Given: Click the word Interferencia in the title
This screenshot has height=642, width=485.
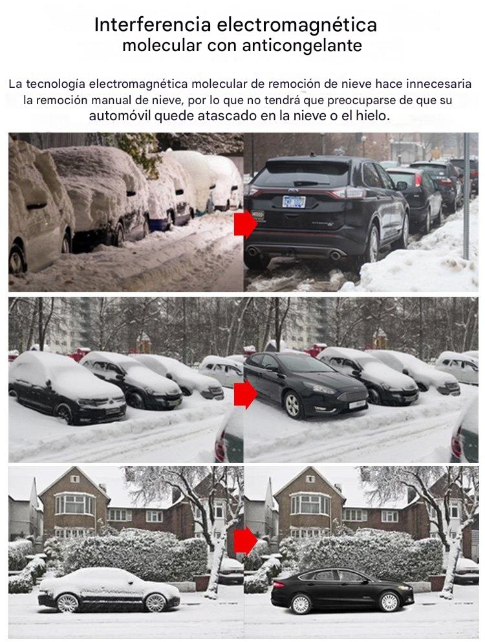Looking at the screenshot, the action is click(x=153, y=25).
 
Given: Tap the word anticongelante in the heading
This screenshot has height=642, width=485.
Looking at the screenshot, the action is click(x=302, y=45).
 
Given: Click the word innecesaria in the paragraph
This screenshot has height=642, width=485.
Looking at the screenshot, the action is click(x=438, y=84).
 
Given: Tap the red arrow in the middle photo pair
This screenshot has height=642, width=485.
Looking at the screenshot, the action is click(x=245, y=394).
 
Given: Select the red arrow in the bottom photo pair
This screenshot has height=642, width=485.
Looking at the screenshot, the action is click(x=245, y=540).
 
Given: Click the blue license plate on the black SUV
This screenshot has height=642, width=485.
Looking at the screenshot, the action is click(x=294, y=202).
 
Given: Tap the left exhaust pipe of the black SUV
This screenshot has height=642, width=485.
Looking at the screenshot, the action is click(x=253, y=251).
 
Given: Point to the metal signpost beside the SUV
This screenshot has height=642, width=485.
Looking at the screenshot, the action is click(x=466, y=196).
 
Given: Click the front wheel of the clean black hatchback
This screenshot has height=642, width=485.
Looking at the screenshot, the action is click(x=292, y=405).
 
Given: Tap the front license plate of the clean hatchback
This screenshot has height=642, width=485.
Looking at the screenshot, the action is click(x=357, y=405).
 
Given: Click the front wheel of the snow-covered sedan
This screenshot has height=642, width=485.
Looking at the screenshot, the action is click(x=156, y=603).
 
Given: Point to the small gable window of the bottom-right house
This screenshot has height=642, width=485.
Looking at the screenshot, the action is click(x=310, y=478).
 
